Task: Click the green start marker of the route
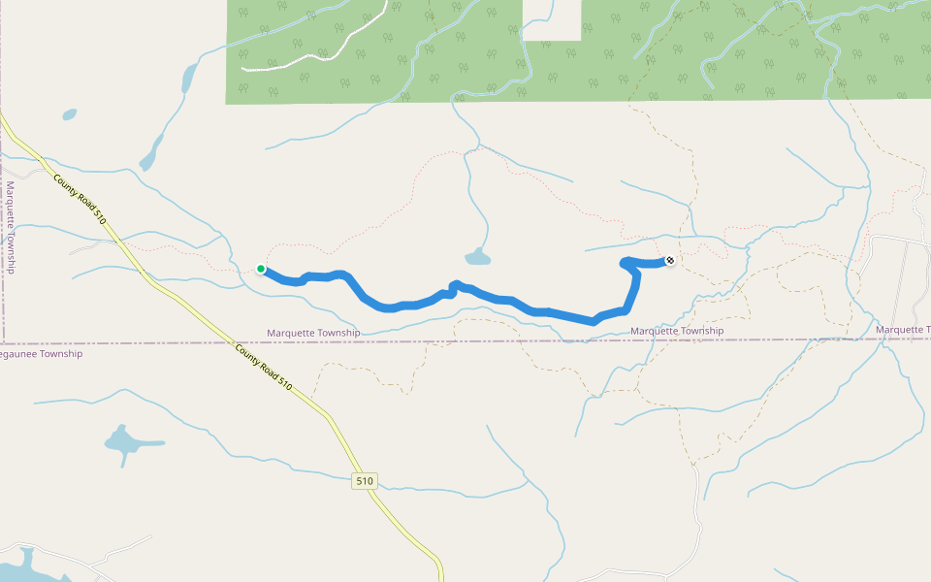pos(261,269)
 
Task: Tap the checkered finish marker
pos(669,260)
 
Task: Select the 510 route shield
pos(364,480)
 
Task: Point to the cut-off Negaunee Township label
pos(41,354)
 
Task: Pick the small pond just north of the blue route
pos(477,257)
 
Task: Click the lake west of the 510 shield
pos(124,442)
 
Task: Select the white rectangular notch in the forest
pos(552,20)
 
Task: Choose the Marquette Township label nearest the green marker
pos(313,333)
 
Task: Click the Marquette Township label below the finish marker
pos(677,331)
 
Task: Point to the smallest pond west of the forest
pos(69,114)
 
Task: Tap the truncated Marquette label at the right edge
pos(902,330)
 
